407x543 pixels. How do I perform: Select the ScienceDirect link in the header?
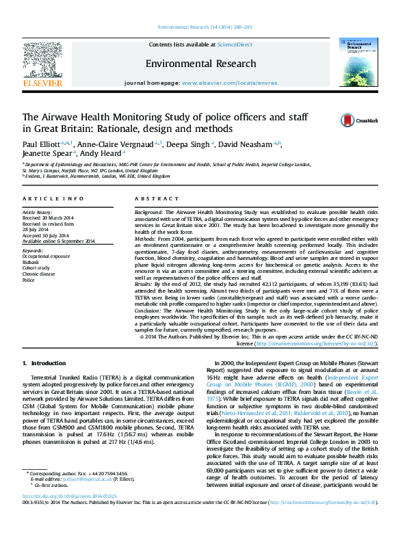[235, 44]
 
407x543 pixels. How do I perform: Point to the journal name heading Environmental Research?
[200, 64]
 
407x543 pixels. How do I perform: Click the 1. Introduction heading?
[44, 362]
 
